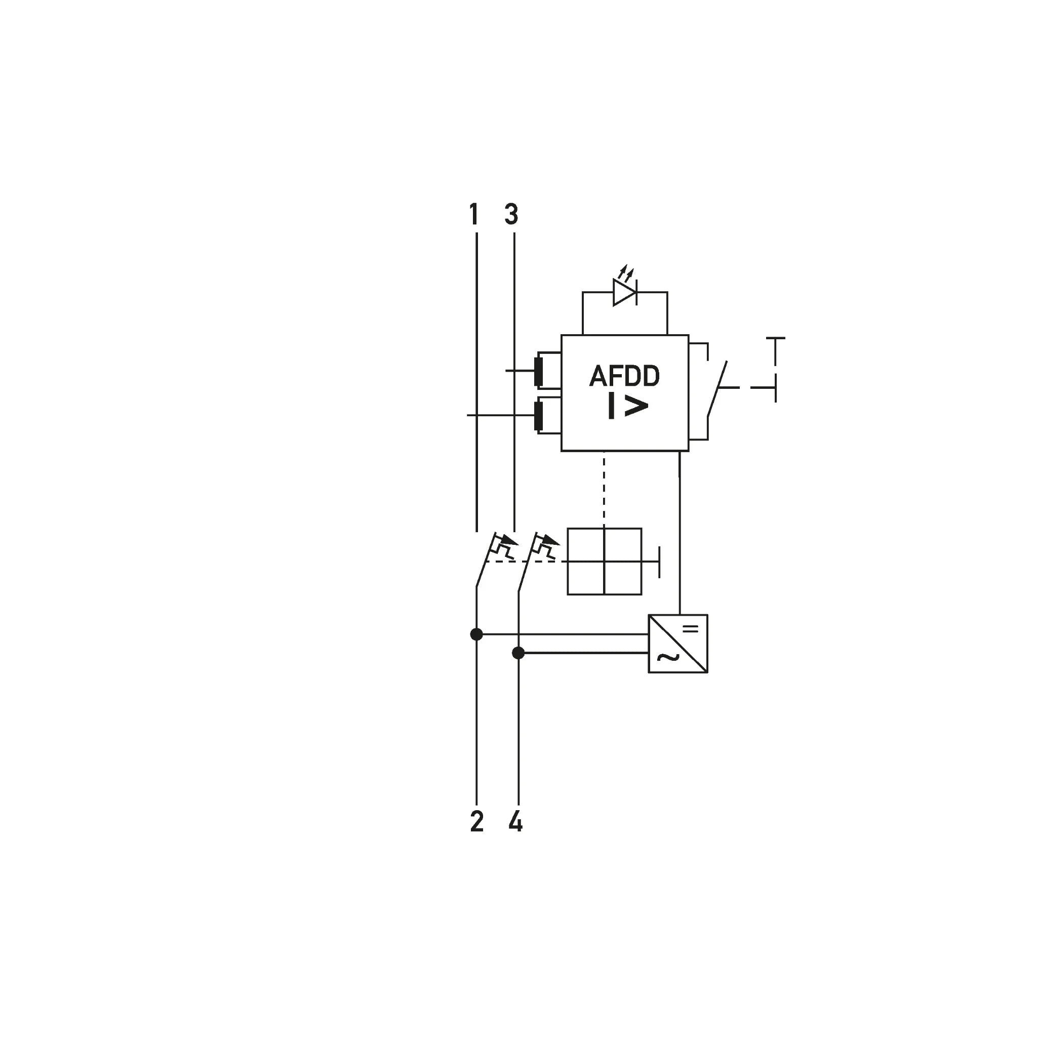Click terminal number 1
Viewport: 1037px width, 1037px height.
(x=474, y=214)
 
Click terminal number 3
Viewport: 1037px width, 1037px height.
(x=511, y=214)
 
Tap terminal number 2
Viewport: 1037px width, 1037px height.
(x=476, y=822)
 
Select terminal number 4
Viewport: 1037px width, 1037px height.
(x=515, y=822)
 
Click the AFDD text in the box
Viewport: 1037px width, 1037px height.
(x=625, y=376)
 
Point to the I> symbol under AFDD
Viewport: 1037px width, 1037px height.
(x=628, y=406)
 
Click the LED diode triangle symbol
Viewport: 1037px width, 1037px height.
(x=625, y=293)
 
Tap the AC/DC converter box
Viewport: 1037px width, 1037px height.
(x=678, y=644)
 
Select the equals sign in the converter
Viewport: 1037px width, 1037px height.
(x=691, y=628)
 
